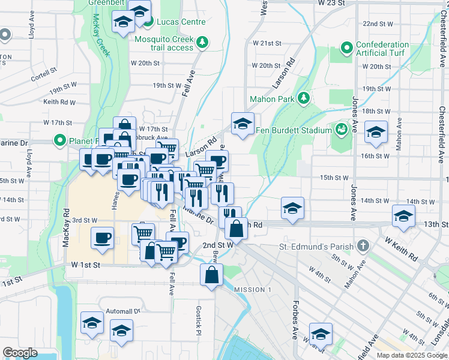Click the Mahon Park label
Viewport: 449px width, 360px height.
(273, 100)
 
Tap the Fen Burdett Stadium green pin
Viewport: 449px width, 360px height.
(341, 130)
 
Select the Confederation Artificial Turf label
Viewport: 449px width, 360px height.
(382, 49)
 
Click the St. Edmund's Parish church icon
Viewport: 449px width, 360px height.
(363, 246)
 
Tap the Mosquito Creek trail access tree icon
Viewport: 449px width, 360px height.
(203, 42)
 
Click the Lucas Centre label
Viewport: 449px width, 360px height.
(181, 22)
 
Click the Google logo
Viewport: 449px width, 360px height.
(20, 353)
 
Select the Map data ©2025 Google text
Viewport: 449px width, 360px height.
(411, 355)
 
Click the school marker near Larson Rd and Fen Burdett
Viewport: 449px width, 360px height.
(243, 124)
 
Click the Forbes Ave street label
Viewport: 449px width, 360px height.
(295, 320)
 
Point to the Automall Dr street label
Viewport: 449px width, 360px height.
(122, 311)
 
